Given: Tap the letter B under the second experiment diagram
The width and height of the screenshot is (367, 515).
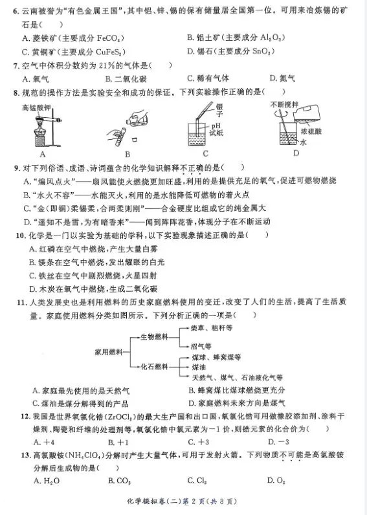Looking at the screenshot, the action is pos(127,154).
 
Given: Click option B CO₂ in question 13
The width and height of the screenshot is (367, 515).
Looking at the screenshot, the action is pos(120,481).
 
